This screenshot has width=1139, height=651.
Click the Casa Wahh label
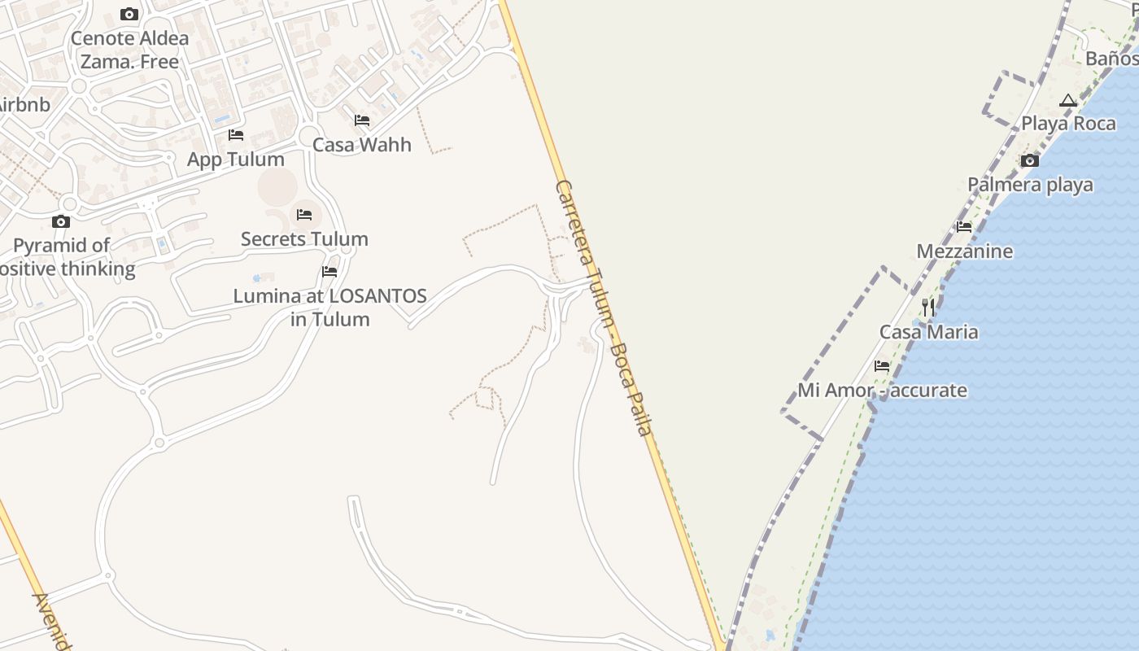point(362,145)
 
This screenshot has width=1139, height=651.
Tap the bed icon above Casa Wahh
point(362,120)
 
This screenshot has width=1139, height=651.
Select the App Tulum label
point(236,159)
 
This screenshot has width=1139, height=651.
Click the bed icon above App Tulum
point(236,135)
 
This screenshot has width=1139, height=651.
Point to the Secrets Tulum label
point(304,239)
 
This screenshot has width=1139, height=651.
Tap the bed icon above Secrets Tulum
point(304,215)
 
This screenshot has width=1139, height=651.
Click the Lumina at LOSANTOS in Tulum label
point(329,308)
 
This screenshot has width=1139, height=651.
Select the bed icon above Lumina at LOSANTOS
point(329,272)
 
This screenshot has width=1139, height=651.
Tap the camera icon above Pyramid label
point(61,221)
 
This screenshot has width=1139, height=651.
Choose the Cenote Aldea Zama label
point(129,50)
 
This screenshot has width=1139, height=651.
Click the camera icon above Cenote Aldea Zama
point(129,14)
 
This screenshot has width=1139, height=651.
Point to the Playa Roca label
point(1068,124)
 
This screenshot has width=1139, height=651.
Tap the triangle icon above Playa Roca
point(1068,101)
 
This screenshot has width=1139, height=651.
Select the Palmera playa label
point(1030,185)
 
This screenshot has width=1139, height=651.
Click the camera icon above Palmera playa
point(1030,160)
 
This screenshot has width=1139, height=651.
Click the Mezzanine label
point(965,251)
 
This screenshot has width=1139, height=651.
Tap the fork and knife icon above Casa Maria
point(928,308)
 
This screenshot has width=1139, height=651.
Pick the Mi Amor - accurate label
point(882,391)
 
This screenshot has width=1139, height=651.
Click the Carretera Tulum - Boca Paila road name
point(604,308)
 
